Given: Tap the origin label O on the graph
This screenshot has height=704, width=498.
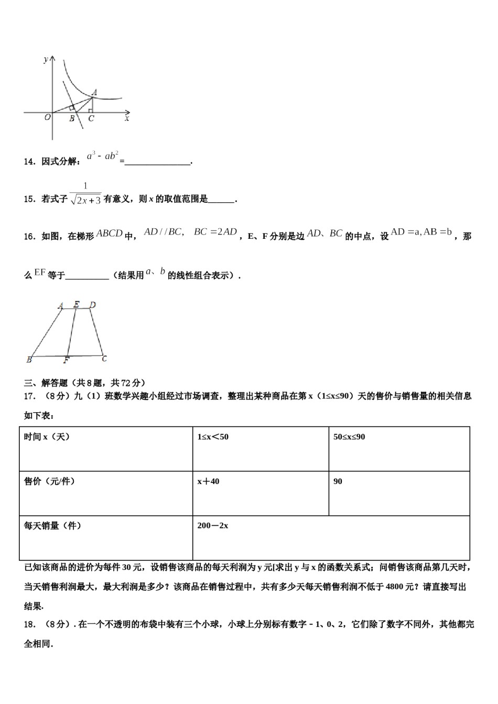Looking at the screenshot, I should (47, 117).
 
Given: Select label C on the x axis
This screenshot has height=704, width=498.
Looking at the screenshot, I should (91, 119).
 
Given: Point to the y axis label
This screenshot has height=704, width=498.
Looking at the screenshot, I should (46, 59).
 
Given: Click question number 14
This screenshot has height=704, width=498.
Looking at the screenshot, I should (29, 161).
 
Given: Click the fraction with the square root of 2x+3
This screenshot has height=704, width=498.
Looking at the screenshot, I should (85, 194).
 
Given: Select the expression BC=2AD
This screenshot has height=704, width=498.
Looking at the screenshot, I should (215, 232).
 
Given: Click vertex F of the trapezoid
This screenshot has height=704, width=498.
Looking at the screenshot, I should (66, 360).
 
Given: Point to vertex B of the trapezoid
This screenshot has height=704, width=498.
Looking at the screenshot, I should (29, 360).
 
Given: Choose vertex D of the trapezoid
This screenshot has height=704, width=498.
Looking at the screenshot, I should (92, 305).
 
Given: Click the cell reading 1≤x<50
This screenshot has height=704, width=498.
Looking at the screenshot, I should (213, 437).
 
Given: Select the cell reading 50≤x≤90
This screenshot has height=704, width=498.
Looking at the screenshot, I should (349, 437).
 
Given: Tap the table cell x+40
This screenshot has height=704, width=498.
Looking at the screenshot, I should (208, 481).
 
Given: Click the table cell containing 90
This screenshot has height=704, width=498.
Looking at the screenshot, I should (338, 481).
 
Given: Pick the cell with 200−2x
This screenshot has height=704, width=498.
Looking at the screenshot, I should (213, 525).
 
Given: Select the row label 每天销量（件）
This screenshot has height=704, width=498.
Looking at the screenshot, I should (52, 525).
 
